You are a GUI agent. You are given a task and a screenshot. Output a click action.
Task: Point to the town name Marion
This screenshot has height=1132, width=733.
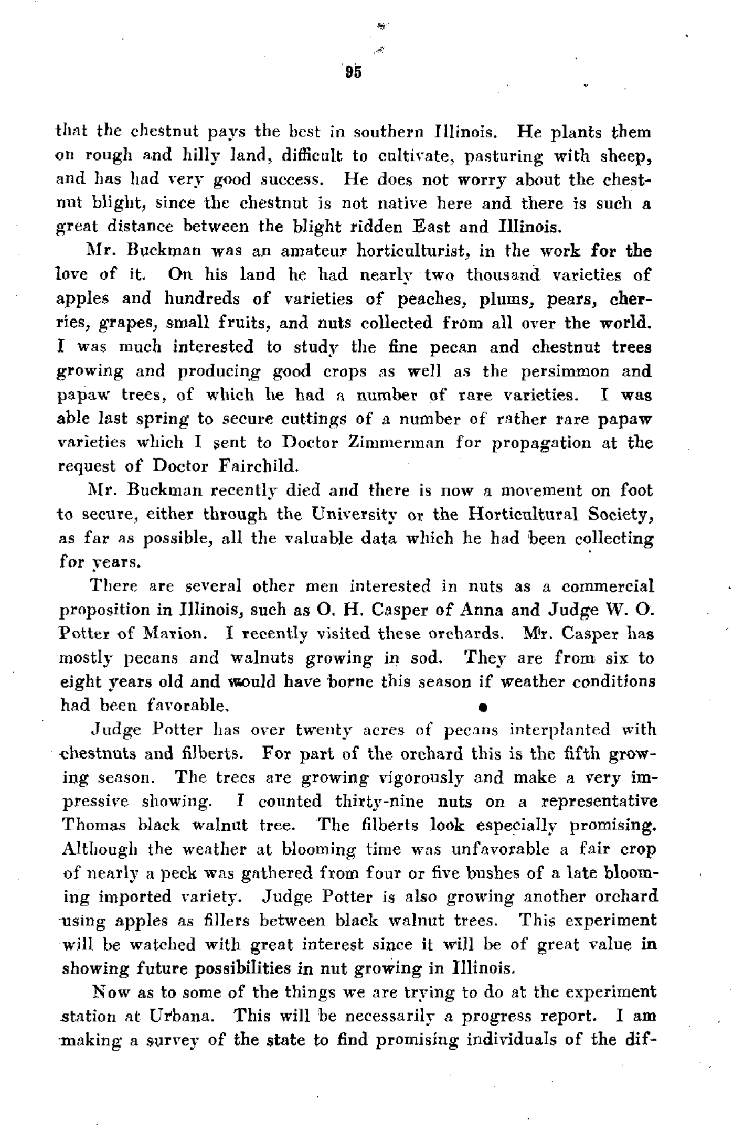pyautogui.click(x=159, y=634)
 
